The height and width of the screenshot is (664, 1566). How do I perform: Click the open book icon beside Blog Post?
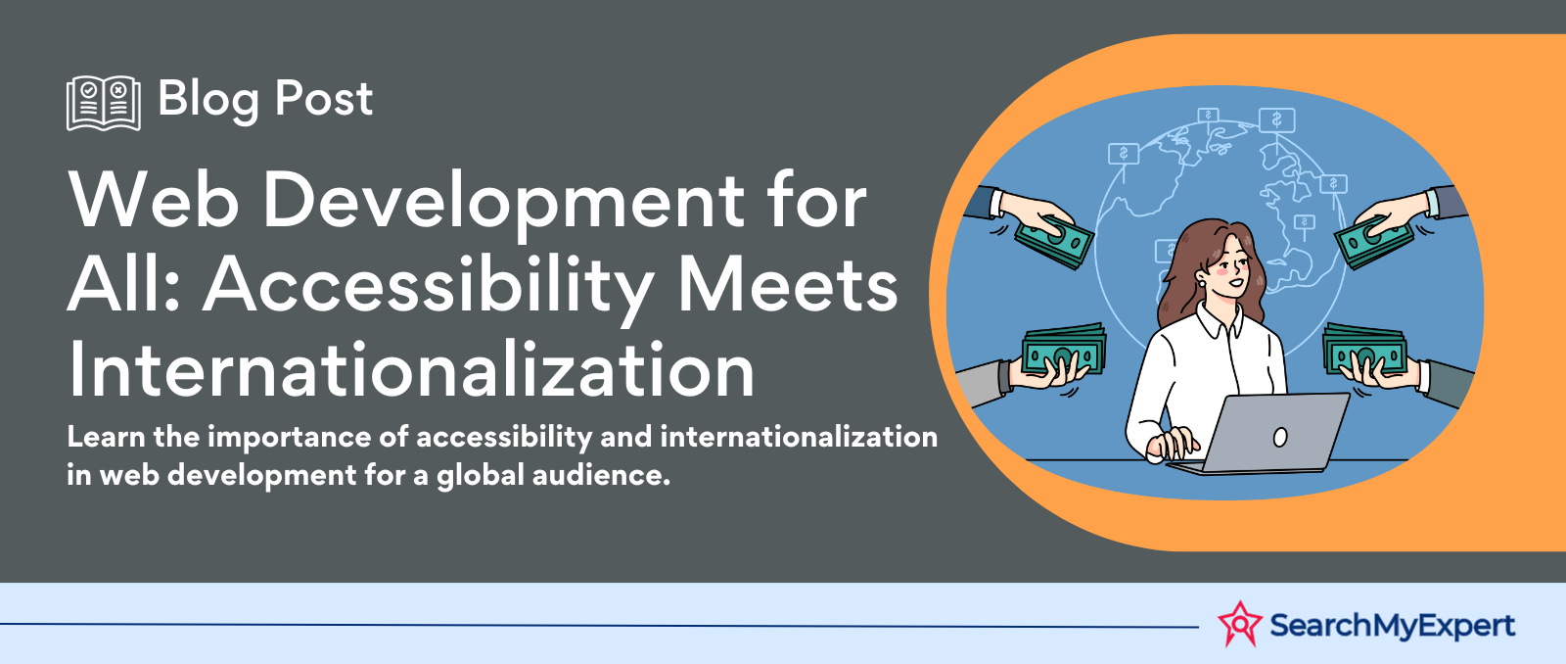[x=104, y=103]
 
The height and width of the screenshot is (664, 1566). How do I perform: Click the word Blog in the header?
[x=207, y=100]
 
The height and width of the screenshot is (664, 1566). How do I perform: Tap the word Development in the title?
[x=503, y=202]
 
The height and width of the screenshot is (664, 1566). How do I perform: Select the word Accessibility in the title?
[x=429, y=288]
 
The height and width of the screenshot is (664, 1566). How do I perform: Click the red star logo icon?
[x=1239, y=624]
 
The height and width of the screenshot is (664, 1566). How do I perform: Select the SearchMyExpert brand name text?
[x=1392, y=626]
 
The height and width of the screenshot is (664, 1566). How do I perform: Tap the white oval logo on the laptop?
[x=1280, y=438]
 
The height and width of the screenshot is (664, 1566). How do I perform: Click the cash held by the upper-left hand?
[x=1053, y=241]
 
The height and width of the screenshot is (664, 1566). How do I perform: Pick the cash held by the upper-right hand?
[x=1373, y=241]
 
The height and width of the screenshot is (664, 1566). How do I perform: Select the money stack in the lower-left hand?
[x=1064, y=350]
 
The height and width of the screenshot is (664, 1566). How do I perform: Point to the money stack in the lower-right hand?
[x=1364, y=350]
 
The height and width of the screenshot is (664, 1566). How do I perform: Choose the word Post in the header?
[x=324, y=99]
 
